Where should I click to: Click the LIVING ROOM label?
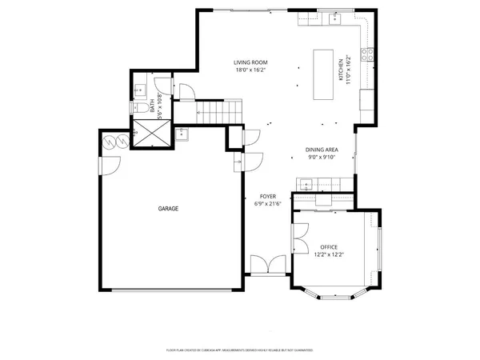[x=250, y=62]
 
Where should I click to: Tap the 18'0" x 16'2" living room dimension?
[x=250, y=70]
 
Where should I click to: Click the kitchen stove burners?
[x=369, y=54]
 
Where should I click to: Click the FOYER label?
[x=267, y=196]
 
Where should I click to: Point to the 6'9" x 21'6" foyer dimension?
[x=267, y=204]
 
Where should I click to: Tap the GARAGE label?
[x=167, y=209]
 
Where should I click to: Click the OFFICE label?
[x=329, y=246]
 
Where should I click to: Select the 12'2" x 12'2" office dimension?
[x=329, y=254]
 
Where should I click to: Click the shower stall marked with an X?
[x=151, y=133]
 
